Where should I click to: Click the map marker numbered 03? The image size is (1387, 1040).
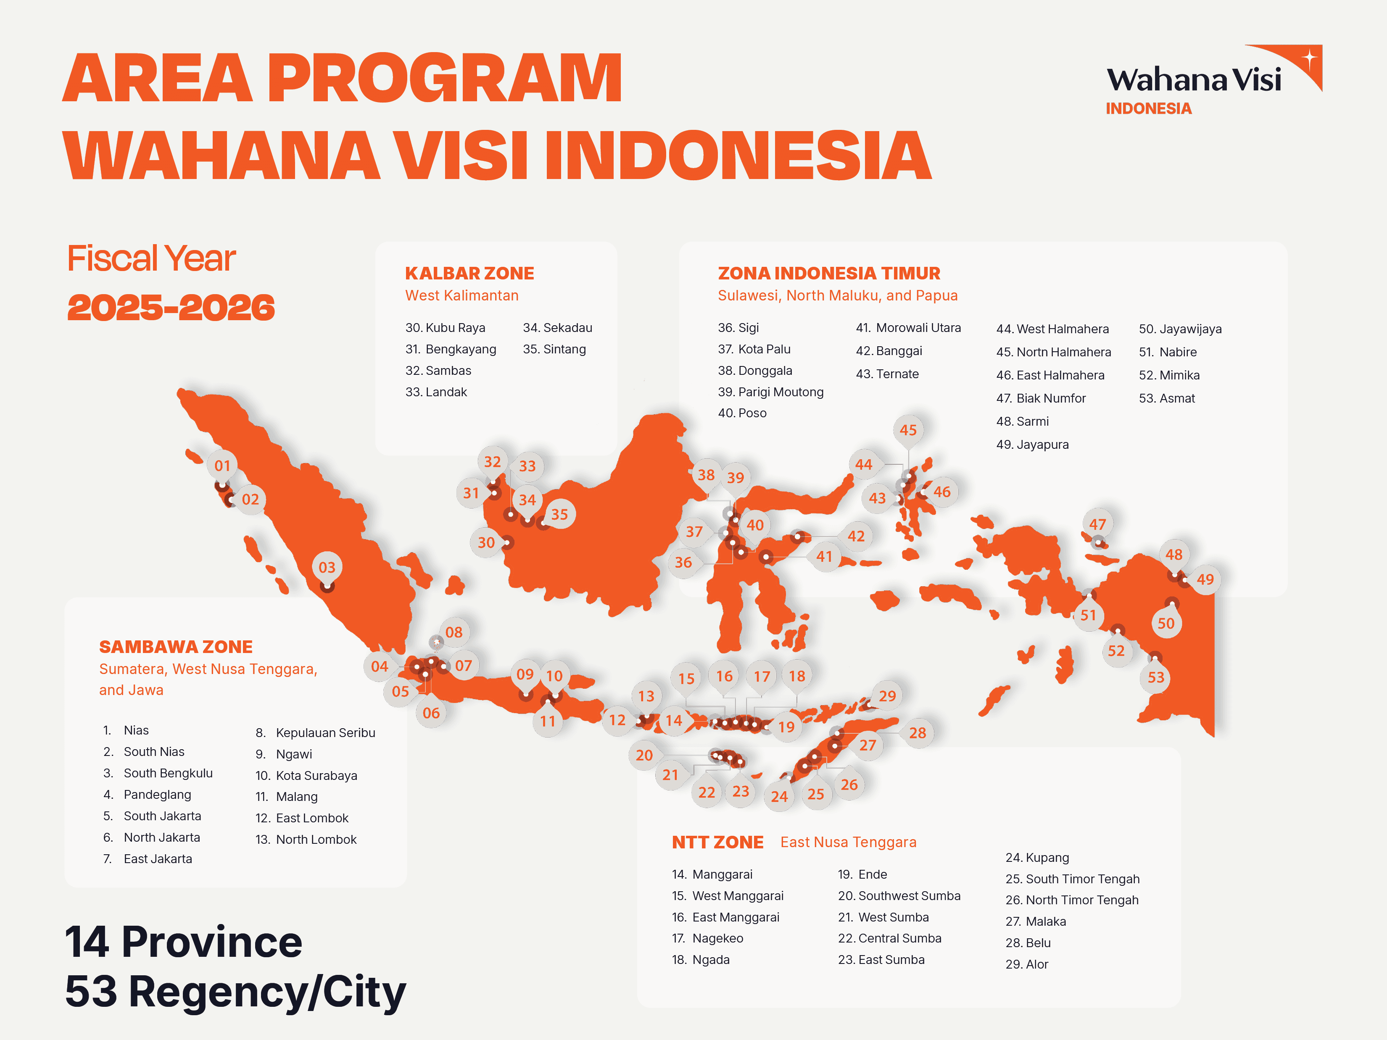click(x=327, y=567)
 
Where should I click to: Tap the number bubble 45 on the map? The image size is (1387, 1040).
click(x=908, y=430)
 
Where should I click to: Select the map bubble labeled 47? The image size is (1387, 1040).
click(x=1097, y=524)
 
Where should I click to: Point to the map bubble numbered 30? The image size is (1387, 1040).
click(x=486, y=543)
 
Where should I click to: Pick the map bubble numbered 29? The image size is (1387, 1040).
click(x=887, y=696)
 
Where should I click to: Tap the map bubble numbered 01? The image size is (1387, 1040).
click(x=223, y=466)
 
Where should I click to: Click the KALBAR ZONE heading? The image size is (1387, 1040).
click(x=469, y=273)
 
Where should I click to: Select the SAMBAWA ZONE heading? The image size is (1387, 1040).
click(x=176, y=647)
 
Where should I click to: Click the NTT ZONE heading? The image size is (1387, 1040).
click(x=718, y=843)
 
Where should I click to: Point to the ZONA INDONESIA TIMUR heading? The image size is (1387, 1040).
click(x=829, y=273)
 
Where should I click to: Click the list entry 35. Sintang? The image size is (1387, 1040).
click(x=554, y=349)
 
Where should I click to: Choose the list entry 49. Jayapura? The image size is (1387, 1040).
click(x=1033, y=445)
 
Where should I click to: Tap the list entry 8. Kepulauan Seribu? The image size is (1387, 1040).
click(x=315, y=733)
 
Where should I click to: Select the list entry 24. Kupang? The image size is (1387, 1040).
click(x=1037, y=858)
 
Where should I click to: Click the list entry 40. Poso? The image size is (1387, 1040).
click(x=742, y=413)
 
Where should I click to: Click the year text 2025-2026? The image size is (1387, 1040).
click(x=171, y=308)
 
